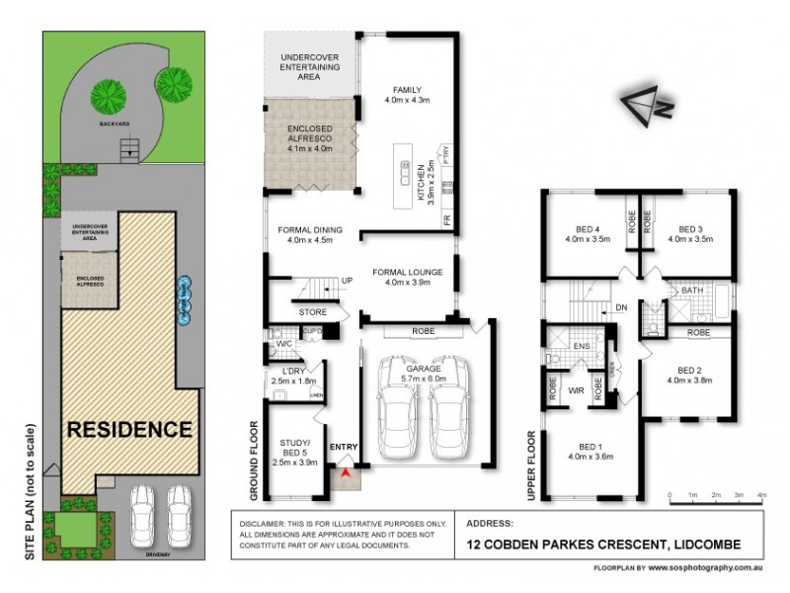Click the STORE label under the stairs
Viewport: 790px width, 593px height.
[x=312, y=312]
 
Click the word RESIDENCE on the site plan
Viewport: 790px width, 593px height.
[x=128, y=430]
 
